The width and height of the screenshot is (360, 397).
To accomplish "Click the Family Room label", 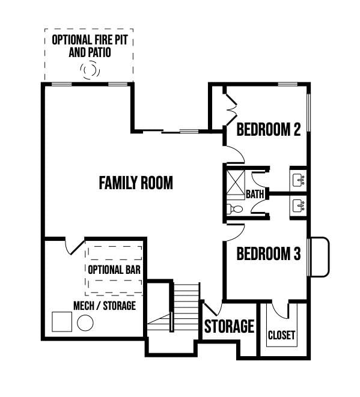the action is pyautogui.click(x=136, y=183).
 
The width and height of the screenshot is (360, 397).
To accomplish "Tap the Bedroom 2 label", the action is pyautogui.click(x=269, y=129).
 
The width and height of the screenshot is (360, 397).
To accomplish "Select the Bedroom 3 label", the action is pyautogui.click(x=269, y=253).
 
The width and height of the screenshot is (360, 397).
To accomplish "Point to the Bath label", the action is pyautogui.click(x=255, y=194).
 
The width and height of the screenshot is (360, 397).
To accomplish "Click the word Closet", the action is pyautogui.click(x=281, y=335).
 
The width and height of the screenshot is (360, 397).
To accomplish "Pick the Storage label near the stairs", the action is pyautogui.click(x=229, y=326).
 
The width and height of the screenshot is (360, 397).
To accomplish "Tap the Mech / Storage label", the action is pyautogui.click(x=105, y=306).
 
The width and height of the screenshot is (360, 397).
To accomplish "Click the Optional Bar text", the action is pyautogui.click(x=114, y=270).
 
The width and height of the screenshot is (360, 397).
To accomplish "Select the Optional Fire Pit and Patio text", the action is pyautogui.click(x=90, y=46).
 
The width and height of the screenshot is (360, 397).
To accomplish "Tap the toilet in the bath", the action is pyautogui.click(x=234, y=209).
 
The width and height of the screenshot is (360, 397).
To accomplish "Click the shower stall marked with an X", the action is pyautogui.click(x=236, y=183).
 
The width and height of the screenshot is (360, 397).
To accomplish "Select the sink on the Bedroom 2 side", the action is pyautogui.click(x=299, y=180).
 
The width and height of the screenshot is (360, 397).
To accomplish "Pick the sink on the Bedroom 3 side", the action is pyautogui.click(x=299, y=205).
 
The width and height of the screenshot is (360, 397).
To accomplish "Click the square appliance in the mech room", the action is pyautogui.click(x=62, y=321).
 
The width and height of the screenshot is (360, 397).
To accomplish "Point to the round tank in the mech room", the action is pyautogui.click(x=85, y=323).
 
